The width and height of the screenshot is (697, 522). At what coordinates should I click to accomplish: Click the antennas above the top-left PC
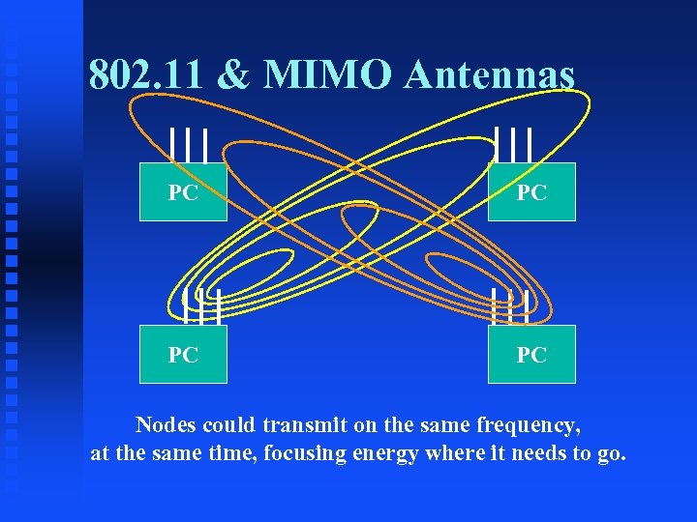188,145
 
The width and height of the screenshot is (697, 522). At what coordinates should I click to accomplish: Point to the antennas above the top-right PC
512,145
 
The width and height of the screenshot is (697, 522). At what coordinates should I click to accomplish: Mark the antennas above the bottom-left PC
202,305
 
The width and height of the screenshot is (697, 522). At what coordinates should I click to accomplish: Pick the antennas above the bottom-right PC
510,305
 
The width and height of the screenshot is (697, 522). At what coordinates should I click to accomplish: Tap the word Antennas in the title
490,74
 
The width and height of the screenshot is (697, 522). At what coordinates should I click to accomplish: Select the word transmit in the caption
294,424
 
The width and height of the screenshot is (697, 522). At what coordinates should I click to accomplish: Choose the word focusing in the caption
298,453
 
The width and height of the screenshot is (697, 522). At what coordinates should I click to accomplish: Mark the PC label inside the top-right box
531,193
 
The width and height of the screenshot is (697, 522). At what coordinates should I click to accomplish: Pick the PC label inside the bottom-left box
183,355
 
